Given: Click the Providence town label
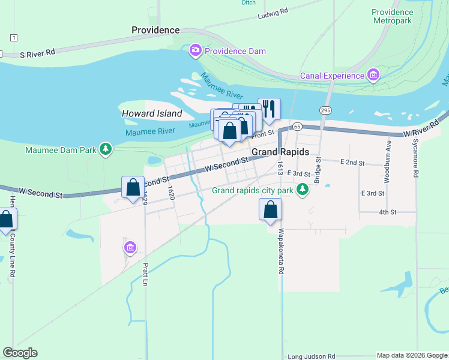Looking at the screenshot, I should [155, 30].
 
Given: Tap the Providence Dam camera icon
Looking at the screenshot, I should [195, 51].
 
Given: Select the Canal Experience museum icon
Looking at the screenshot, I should [374, 76].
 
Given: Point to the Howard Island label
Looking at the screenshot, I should [152, 113].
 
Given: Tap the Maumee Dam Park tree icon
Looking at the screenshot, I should [106, 149].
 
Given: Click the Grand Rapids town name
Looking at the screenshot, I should [280, 152].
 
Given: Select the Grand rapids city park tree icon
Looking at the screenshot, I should [303, 191].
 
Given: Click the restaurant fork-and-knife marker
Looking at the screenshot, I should [269, 109].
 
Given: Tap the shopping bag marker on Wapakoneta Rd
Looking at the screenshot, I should [270, 210].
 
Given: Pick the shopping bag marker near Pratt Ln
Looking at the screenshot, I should [133, 187].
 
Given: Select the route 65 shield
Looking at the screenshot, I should [297, 127].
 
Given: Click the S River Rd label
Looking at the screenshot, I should [37, 53].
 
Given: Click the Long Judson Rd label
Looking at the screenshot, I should [312, 356].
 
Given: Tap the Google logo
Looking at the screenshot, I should [20, 353].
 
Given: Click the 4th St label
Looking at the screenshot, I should [388, 212].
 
